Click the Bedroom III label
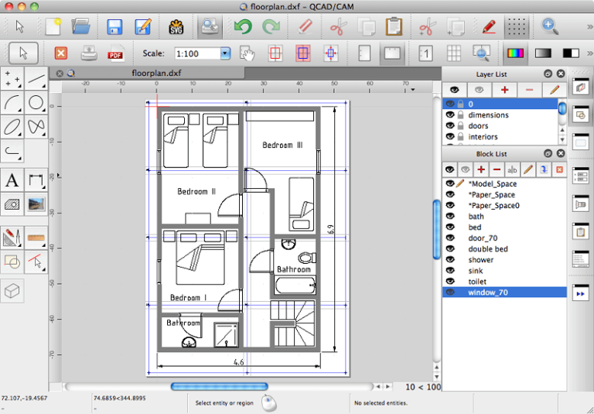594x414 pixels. [x=282, y=145]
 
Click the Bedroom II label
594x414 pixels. [x=196, y=191]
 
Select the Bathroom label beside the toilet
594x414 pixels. [x=294, y=269]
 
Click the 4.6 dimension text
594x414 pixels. [x=239, y=361]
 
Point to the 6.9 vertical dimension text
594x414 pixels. [x=331, y=229]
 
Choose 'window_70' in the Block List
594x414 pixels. [x=487, y=293]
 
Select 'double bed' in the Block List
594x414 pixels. [x=487, y=249]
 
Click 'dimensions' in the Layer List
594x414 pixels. [x=488, y=115]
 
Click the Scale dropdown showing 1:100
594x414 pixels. [x=203, y=54]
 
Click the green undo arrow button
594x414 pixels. [x=243, y=27]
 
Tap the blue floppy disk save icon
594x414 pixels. [x=114, y=27]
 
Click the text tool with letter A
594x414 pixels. [x=12, y=181]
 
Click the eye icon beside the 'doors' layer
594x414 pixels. [x=449, y=126]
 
